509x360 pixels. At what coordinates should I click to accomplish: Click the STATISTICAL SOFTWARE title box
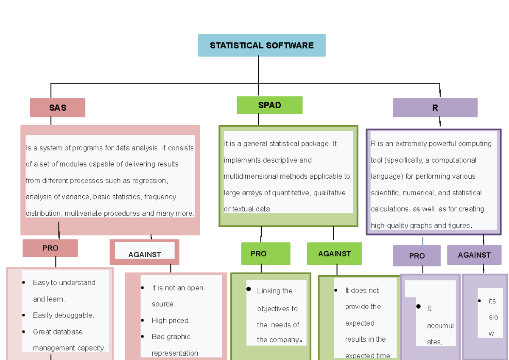coord(262,45)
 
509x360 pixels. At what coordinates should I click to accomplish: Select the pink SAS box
coord(58,108)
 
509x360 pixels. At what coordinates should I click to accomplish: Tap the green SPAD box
coord(269,105)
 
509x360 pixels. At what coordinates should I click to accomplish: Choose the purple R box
coord(435,108)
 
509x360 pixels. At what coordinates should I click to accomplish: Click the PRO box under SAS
coord(50,248)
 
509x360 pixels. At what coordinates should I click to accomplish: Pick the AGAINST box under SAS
coord(145,254)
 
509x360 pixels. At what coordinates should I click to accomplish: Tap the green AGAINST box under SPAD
coord(334,254)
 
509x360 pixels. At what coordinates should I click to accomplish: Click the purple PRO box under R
coord(417,256)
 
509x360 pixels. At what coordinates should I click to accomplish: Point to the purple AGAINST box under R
coord(474,255)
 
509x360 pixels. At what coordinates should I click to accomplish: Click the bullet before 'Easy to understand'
coord(24,283)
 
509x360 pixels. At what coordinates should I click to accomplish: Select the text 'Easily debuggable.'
coord(63,315)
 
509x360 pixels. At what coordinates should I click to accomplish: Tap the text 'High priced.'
coord(171,321)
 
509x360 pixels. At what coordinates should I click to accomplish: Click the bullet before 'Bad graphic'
coord(143,337)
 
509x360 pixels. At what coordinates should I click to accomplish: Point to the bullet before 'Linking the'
coord(249,290)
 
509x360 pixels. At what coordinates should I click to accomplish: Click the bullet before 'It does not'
coord(336,291)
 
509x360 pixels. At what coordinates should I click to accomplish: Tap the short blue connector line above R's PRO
coord(423,241)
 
